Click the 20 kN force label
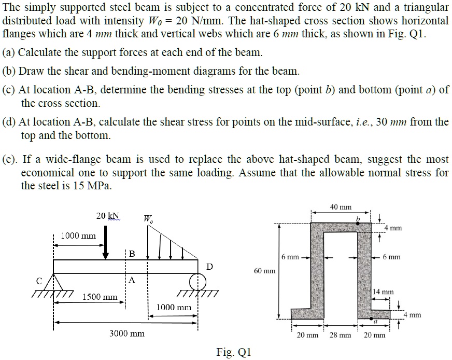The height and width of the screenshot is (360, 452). [108, 215]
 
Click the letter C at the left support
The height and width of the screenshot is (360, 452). [39, 281]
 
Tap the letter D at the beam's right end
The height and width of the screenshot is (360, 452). [209, 267]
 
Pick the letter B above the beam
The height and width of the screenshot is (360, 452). [132, 254]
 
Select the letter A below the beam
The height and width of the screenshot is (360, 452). [132, 280]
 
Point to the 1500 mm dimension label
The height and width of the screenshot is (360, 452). [100, 297]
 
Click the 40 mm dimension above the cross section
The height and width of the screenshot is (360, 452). [341, 207]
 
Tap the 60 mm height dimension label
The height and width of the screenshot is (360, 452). [264, 271]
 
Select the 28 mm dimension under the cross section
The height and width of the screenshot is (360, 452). [341, 335]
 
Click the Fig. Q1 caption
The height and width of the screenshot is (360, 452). [233, 352]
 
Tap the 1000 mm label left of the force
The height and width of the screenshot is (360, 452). [78, 236]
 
